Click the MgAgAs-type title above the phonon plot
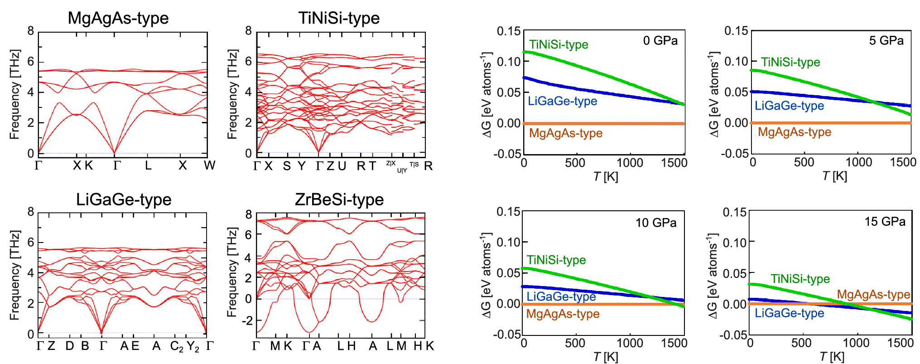tap(118, 18)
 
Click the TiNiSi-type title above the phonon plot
tap(339, 18)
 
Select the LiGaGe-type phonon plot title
tap(123, 199)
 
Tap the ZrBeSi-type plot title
tap(339, 199)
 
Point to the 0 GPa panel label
tap(660, 41)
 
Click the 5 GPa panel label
tap(886, 41)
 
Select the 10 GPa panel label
tap(655, 223)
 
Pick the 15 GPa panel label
tap(885, 222)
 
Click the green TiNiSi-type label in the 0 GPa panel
tap(558, 44)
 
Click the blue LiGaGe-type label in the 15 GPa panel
tap(789, 313)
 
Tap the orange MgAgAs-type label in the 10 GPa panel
tap(562, 314)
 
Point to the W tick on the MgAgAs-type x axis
tap(209, 165)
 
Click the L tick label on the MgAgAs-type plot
tap(148, 165)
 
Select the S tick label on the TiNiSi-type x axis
tap(286, 166)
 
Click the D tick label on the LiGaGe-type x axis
tap(69, 346)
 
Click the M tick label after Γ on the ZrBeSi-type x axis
tap(275, 346)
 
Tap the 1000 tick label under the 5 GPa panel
tap(858, 162)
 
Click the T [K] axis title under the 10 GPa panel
tap(605, 357)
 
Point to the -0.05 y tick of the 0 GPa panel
tap(507, 154)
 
